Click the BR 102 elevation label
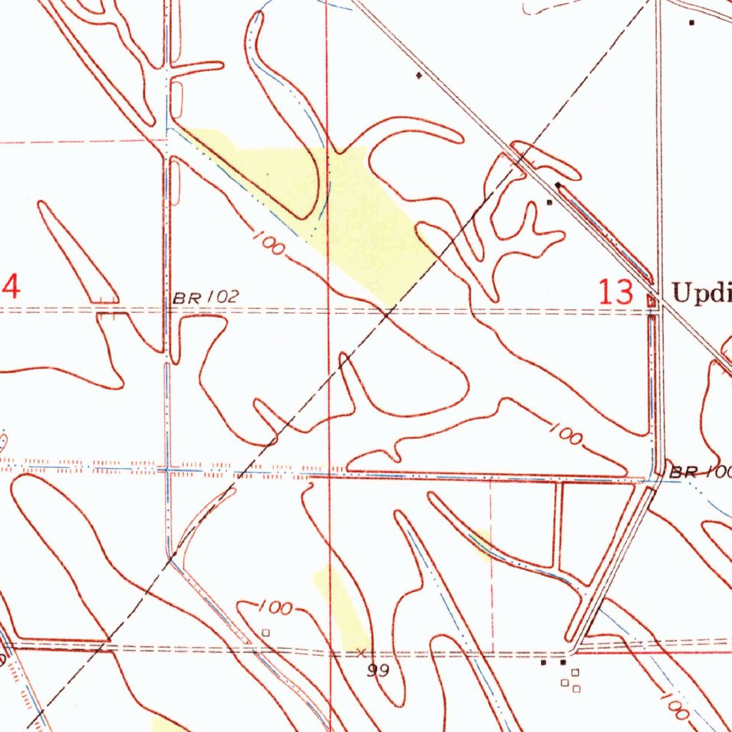(206, 297)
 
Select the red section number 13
(616, 293)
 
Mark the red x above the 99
(361, 652)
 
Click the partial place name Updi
(701, 293)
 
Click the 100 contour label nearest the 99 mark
(274, 608)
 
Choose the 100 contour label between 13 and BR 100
(567, 434)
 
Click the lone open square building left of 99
(266, 633)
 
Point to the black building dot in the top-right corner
(691, 23)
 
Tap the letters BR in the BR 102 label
(187, 298)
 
